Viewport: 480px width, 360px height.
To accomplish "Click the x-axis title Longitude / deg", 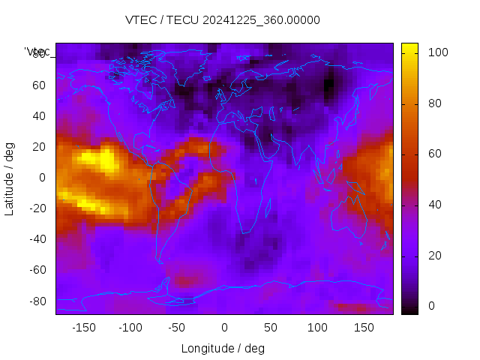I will coord(223,349).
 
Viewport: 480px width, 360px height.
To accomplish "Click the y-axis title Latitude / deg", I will coord(10,178).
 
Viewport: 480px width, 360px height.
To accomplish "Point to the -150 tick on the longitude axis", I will coord(83,328).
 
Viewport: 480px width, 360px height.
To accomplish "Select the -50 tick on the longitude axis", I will coord(177,328).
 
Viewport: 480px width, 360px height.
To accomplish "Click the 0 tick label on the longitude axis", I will coord(223,328).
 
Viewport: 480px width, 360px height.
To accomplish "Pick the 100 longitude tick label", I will coord(317,328).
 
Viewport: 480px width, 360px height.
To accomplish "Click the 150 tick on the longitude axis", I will coord(364,328).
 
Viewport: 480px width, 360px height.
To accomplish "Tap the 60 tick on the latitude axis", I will coord(39,85).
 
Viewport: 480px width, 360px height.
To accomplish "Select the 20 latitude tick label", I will coord(39,147).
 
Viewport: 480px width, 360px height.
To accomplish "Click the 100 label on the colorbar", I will coord(437,52).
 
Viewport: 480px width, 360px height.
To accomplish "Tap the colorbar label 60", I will coord(434,154).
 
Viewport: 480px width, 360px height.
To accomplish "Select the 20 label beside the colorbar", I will coord(434,256).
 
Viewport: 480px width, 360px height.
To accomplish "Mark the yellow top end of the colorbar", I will coord(409,47).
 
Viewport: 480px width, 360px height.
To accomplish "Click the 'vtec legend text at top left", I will coord(37,52).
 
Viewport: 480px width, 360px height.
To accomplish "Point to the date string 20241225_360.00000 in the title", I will coord(261,20).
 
